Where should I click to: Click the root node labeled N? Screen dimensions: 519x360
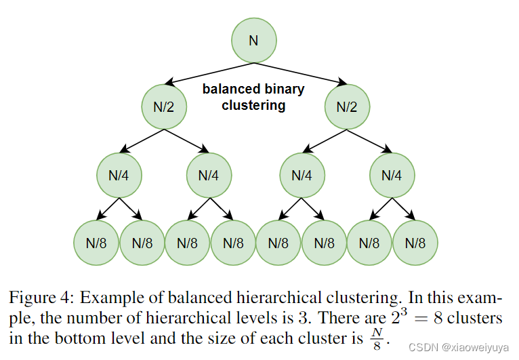click(x=254, y=41)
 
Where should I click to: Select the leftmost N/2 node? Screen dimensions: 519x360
click(x=164, y=106)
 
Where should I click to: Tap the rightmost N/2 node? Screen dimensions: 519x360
click(x=347, y=106)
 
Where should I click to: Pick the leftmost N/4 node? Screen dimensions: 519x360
click(x=119, y=175)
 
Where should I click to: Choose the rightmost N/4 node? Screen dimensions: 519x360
click(x=392, y=175)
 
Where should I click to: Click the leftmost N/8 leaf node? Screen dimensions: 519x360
click(x=96, y=243)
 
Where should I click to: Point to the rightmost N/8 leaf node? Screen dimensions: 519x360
click(x=415, y=243)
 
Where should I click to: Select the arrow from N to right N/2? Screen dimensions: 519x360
click(x=301, y=73)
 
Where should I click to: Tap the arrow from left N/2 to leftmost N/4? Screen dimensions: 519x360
click(x=142, y=141)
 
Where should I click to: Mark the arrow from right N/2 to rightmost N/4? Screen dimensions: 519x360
click(x=370, y=141)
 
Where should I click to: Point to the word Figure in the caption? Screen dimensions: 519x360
click(x=32, y=298)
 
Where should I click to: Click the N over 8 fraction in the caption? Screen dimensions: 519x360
click(x=377, y=339)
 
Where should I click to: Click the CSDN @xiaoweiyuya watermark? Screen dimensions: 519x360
click(x=459, y=347)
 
